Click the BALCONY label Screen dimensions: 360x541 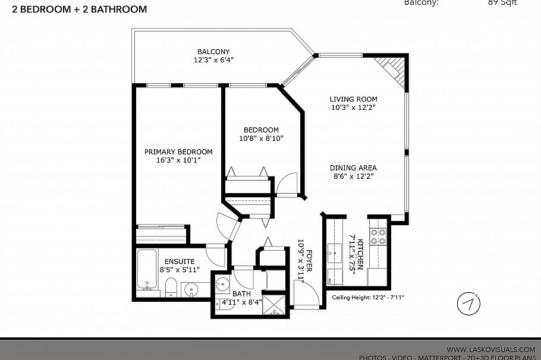click(x=213, y=52)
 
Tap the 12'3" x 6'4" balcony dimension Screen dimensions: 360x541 click(x=213, y=60)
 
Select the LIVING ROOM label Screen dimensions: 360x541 click(x=354, y=99)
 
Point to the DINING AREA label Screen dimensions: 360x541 click(x=353, y=168)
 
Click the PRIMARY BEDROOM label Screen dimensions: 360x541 click(x=178, y=151)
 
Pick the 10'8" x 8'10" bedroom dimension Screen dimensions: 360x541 click(x=262, y=138)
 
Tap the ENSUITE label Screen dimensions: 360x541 click(x=179, y=261)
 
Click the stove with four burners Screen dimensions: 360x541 click(x=378, y=237)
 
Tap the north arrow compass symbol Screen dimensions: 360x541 click(x=468, y=304)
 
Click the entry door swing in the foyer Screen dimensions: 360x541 click(x=301, y=295)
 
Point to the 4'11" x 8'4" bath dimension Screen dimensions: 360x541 click(x=243, y=302)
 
